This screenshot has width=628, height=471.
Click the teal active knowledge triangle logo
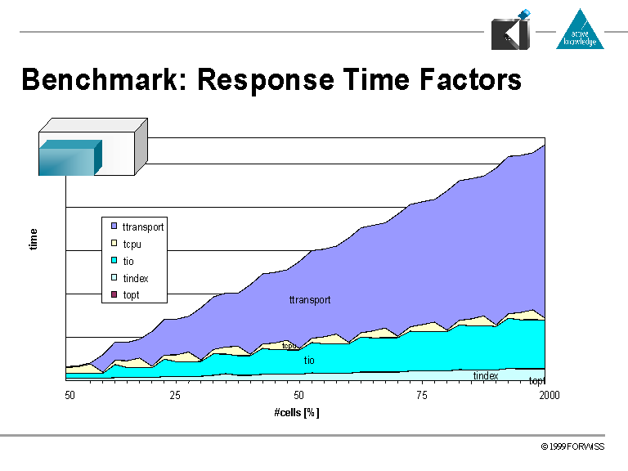pos(580,30)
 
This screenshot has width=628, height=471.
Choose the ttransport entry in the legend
pos(142,227)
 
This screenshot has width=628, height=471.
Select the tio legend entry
pos(128,261)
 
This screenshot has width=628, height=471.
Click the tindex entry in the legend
pos(135,278)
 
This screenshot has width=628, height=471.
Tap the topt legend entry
pos(131,294)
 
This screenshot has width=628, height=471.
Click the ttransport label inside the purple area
pos(310,300)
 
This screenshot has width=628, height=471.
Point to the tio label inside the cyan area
pos(309,360)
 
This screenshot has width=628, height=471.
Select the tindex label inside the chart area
pos(486,375)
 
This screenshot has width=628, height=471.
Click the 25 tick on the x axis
pos(174,396)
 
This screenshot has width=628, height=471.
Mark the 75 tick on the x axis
pos(421,396)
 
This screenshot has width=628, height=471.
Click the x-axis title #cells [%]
pos(297,412)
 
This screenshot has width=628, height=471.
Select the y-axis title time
pos(34,239)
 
